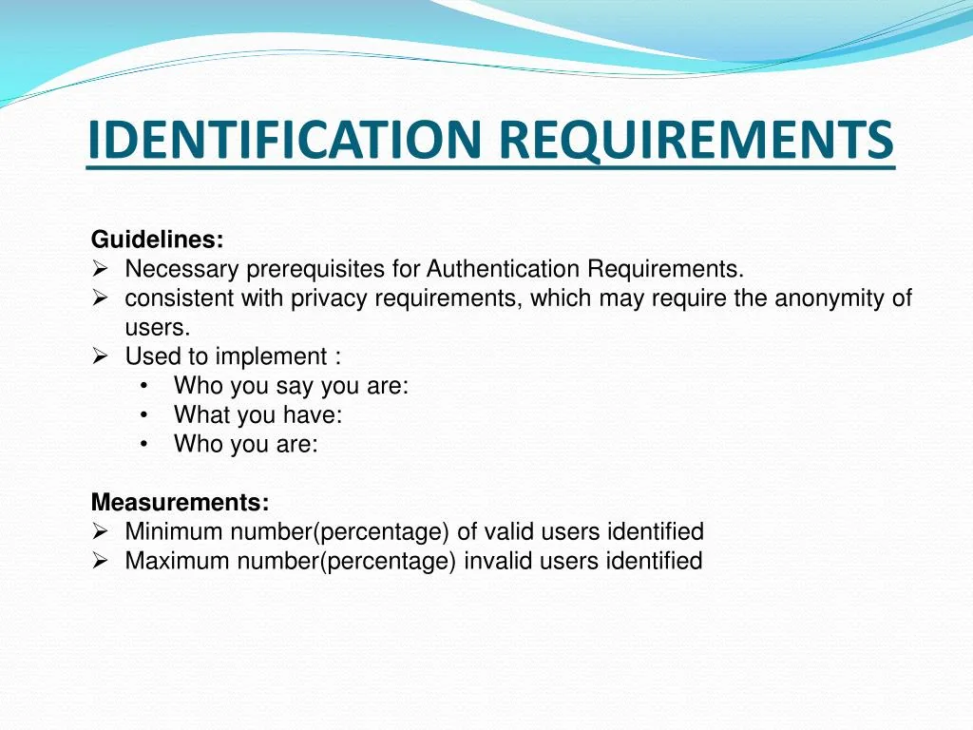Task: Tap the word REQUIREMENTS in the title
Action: click(x=696, y=140)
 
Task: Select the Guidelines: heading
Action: click(x=157, y=239)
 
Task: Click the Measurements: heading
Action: click(x=180, y=502)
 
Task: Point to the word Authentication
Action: click(x=503, y=269)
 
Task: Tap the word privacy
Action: click(x=329, y=298)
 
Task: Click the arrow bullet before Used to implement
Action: click(x=100, y=355)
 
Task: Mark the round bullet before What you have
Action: click(x=144, y=414)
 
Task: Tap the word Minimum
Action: click(x=174, y=531)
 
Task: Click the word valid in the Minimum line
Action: click(x=509, y=531)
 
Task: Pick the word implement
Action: click(x=271, y=357)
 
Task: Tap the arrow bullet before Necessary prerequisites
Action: click(x=100, y=268)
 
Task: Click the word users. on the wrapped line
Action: click(x=158, y=327)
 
